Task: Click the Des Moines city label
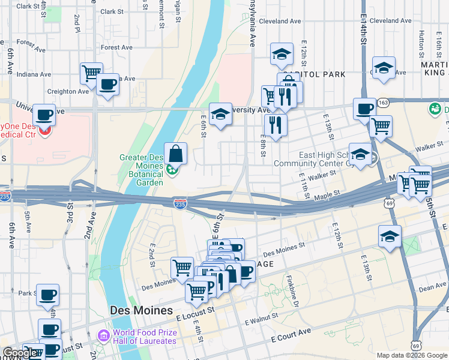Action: click(139, 310)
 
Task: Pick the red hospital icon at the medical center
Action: click(44, 128)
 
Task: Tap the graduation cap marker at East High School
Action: click(360, 154)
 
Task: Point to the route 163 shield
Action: click(385, 103)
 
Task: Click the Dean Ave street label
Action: click(432, 288)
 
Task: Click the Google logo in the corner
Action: click(19, 353)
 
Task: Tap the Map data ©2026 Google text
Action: click(412, 355)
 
